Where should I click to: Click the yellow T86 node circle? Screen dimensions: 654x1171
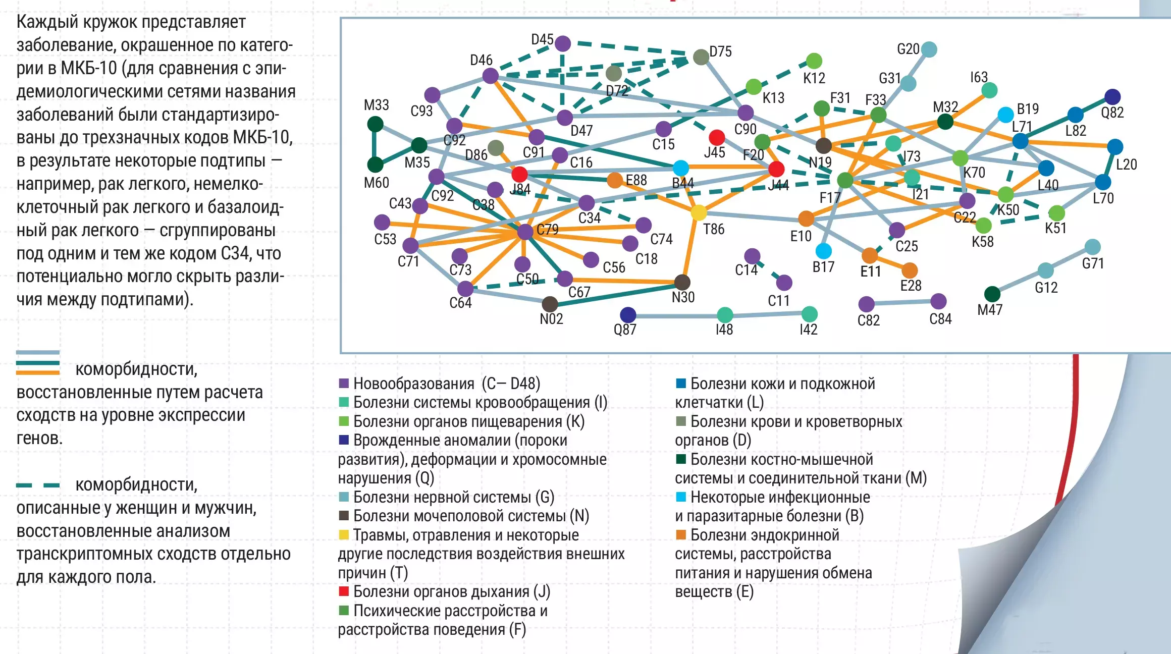point(699,212)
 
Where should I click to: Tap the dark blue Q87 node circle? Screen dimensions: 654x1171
point(628,315)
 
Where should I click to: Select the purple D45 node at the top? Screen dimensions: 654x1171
point(563,44)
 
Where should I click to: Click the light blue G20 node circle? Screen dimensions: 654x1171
point(929,49)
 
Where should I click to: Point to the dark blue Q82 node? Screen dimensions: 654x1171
point(1112,96)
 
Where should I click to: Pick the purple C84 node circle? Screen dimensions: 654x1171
point(938,301)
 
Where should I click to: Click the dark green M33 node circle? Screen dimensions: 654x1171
point(375,124)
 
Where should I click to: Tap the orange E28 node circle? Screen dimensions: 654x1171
point(910,270)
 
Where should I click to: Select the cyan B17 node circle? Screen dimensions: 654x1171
point(824,251)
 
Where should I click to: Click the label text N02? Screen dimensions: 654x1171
point(551,319)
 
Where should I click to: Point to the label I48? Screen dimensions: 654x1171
point(724,330)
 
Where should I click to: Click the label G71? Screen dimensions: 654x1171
point(1093,263)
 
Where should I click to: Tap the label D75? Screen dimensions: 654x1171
point(721,51)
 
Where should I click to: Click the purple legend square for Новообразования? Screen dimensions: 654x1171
point(344,384)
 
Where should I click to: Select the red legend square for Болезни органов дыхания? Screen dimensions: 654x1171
point(344,591)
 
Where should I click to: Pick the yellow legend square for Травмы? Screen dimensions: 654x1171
point(344,534)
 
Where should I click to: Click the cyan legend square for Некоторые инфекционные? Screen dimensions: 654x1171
point(681,497)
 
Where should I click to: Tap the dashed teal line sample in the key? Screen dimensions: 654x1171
point(38,485)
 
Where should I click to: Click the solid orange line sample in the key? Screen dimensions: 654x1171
point(38,373)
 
